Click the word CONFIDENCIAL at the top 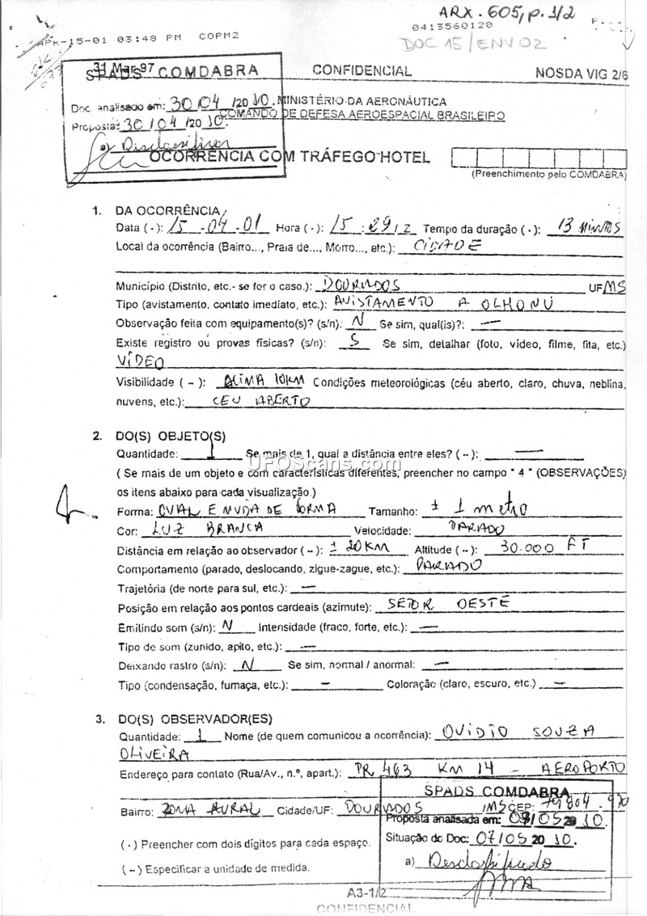click(x=362, y=71)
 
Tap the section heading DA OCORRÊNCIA click(x=167, y=211)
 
